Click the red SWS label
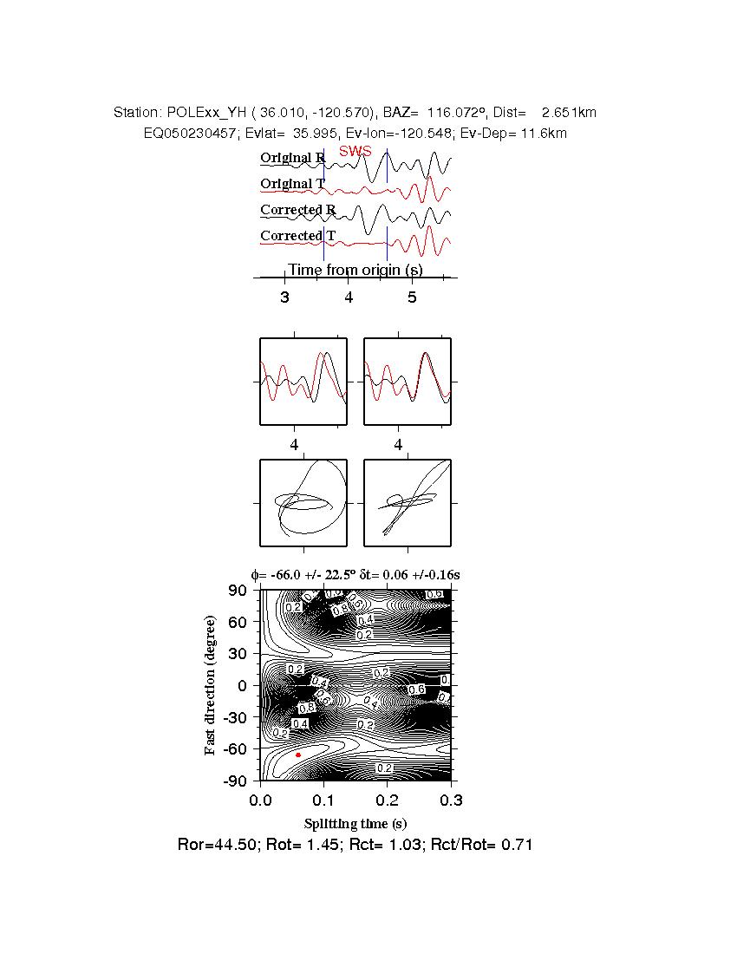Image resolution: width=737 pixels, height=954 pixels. [355, 151]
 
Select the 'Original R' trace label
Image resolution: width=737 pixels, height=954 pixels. [292, 158]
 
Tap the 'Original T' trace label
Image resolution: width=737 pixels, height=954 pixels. [292, 184]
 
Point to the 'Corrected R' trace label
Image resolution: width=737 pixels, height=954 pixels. [297, 210]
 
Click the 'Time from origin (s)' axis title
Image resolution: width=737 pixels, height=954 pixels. [355, 270]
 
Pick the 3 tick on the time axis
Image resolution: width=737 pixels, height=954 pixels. [284, 297]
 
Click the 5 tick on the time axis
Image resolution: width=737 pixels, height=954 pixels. [412, 297]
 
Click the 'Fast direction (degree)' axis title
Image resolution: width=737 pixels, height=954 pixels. [211, 685]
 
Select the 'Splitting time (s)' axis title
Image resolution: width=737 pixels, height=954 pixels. [355, 823]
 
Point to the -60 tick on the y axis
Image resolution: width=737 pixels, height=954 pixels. [236, 748]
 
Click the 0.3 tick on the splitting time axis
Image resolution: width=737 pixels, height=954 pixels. [450, 799]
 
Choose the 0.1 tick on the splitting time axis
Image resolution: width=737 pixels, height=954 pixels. [323, 799]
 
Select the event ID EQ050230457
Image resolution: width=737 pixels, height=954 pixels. [186, 134]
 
